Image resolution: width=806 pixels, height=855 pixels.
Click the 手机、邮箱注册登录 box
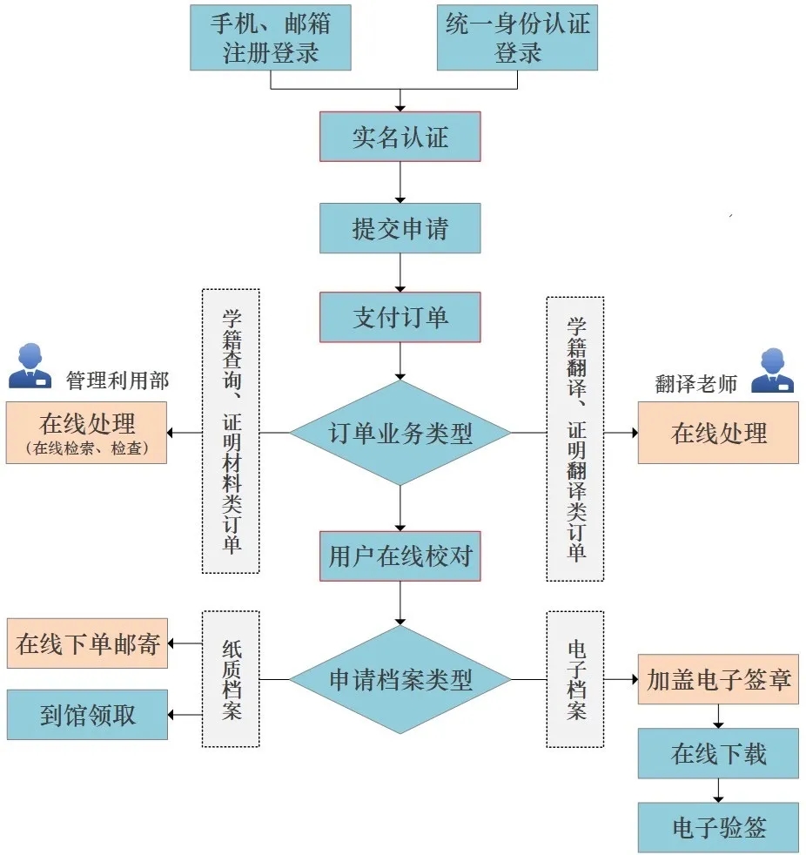(270, 37)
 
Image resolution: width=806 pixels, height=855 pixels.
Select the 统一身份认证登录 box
(517, 37)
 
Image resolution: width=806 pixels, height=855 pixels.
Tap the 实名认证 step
(400, 137)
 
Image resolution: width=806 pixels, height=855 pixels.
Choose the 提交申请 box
(400, 228)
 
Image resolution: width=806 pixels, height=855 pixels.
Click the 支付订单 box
(400, 317)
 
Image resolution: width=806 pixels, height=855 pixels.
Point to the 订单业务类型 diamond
(400, 433)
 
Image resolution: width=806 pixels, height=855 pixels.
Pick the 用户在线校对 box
(400, 556)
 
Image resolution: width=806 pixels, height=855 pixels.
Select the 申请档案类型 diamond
(400, 679)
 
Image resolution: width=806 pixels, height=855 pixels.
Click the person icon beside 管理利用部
(30, 367)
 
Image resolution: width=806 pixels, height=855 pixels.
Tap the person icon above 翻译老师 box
(772, 371)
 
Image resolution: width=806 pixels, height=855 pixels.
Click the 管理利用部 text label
(118, 380)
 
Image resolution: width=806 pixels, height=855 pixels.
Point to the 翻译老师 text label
(695, 384)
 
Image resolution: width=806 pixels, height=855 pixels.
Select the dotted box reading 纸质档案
(231, 679)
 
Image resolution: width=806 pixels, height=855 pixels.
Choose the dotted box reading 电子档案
(574, 679)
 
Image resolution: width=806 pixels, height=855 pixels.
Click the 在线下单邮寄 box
(87, 644)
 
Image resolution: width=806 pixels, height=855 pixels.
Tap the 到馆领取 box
(87, 715)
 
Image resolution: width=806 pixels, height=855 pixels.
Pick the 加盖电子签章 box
(718, 680)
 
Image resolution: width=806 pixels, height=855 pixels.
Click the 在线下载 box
(718, 753)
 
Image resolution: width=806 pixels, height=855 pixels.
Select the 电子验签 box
(718, 827)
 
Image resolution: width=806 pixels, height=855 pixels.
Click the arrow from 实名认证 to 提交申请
(400, 182)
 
